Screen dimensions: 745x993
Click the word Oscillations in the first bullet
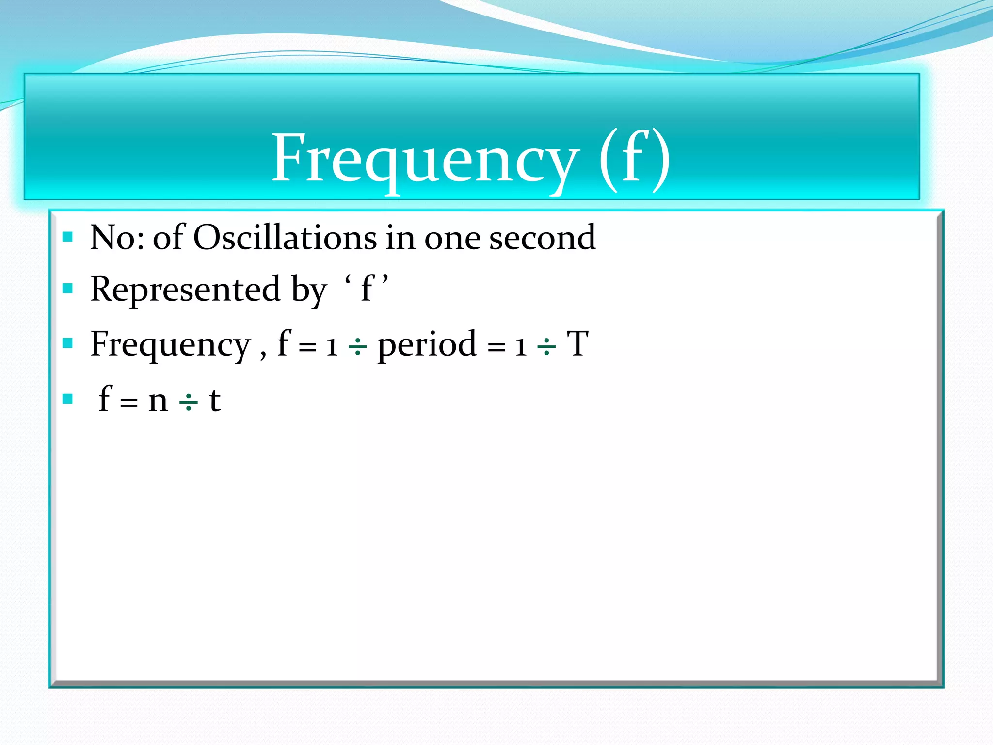click(285, 238)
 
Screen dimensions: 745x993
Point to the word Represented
click(185, 290)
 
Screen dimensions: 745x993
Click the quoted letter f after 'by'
click(367, 290)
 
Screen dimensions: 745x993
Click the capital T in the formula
click(577, 344)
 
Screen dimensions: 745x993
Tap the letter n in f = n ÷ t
click(158, 401)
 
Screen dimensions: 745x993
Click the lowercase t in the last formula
click(215, 401)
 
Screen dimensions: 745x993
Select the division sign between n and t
click(189, 402)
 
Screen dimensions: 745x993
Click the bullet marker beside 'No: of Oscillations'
click(68, 237)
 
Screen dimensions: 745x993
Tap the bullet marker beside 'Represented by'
click(68, 289)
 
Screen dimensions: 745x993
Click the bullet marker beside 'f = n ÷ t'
click(68, 399)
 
